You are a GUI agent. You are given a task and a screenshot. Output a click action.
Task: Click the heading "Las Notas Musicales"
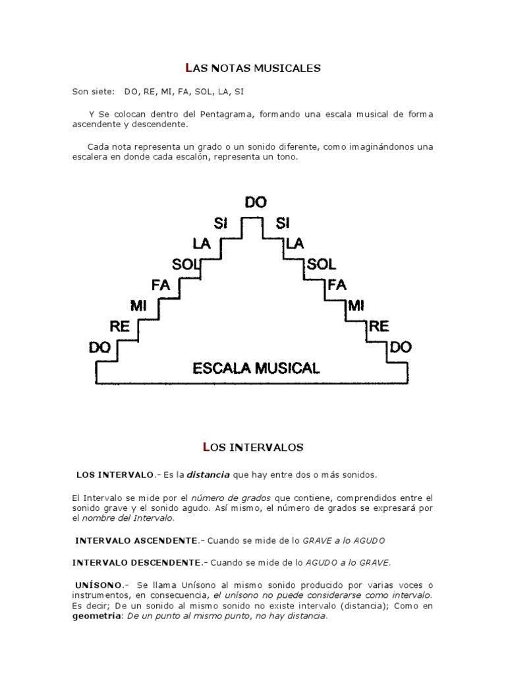click(x=252, y=68)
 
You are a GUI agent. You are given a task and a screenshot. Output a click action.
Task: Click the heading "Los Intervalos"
click(x=252, y=448)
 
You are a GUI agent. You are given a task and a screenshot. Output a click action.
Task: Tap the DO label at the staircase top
click(x=256, y=203)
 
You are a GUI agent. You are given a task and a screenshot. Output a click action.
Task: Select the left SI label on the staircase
click(x=220, y=223)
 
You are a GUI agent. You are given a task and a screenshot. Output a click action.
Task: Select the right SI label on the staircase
click(x=283, y=223)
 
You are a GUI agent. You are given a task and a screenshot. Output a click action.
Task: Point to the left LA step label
click(x=202, y=244)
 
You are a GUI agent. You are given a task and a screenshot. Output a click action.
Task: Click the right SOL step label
click(x=321, y=265)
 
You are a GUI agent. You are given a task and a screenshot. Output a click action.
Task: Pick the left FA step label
click(x=161, y=285)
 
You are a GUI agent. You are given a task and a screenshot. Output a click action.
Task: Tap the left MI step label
click(x=138, y=306)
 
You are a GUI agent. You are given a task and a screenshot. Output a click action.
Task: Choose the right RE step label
click(x=379, y=326)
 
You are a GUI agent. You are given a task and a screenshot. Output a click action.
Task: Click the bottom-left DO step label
click(x=99, y=347)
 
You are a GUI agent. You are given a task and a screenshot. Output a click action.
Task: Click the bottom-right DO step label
click(x=401, y=347)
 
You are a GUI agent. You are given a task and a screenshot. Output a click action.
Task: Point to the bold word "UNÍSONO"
click(x=99, y=585)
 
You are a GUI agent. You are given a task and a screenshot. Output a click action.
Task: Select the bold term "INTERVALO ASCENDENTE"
click(x=136, y=541)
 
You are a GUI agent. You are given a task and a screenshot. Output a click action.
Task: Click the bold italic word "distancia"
click(x=208, y=475)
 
